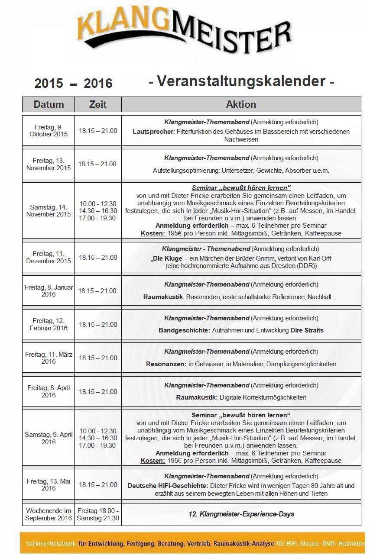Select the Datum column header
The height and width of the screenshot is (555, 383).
tap(49, 104)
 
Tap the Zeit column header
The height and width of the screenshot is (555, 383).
tap(98, 104)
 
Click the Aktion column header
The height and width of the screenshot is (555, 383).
tap(241, 104)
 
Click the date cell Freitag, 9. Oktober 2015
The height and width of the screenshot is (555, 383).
tap(49, 130)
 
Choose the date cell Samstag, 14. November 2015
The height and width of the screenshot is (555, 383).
tap(49, 211)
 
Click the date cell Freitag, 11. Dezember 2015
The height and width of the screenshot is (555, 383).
tap(49, 257)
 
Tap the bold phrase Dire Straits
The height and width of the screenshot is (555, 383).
tap(307, 330)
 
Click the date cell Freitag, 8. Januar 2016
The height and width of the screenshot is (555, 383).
tap(49, 291)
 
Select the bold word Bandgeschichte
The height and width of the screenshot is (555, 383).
tap(184, 330)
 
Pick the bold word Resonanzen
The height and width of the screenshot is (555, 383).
tap(166, 364)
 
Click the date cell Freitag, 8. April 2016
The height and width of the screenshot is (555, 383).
tap(49, 391)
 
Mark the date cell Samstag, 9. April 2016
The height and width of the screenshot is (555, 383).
tap(49, 438)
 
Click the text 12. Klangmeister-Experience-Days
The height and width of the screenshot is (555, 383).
tap(241, 514)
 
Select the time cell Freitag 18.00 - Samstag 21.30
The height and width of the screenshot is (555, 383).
tap(98, 514)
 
